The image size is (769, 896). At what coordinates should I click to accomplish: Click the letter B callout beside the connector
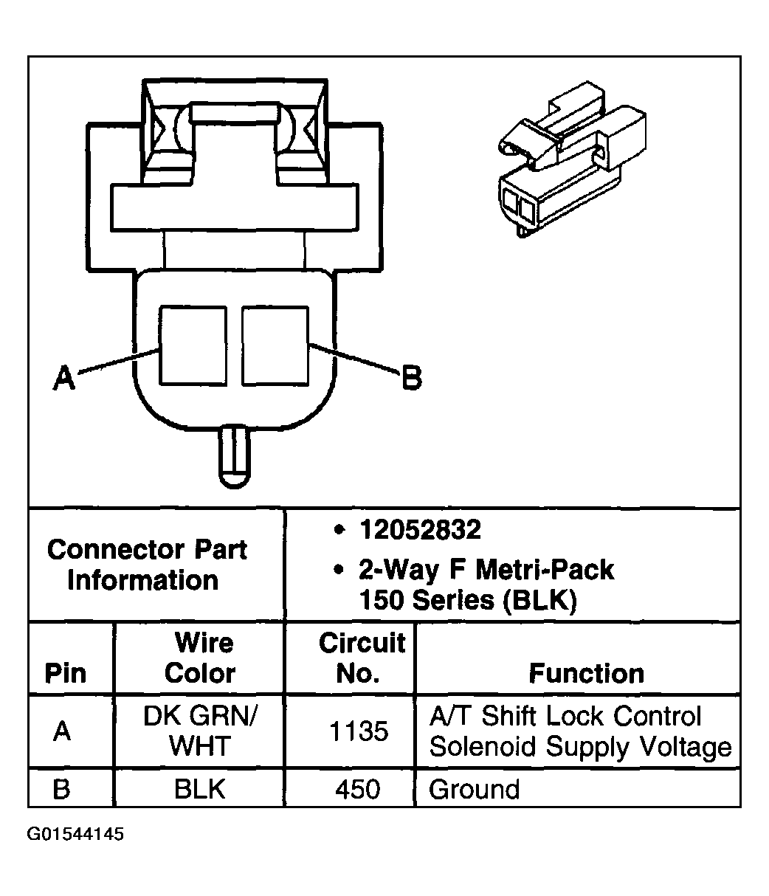click(x=411, y=379)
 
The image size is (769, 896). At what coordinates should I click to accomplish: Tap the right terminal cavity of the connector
click(x=275, y=345)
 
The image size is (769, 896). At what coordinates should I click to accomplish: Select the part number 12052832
click(x=420, y=529)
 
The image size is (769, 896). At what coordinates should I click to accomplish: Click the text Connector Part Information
click(x=147, y=565)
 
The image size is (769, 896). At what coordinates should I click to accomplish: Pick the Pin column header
click(x=66, y=673)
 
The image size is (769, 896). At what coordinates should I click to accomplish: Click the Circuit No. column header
click(x=362, y=658)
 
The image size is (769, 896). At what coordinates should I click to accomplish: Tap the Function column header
click(x=586, y=673)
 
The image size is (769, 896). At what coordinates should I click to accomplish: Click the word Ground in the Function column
click(x=474, y=789)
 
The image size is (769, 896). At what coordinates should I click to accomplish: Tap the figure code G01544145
click(x=76, y=835)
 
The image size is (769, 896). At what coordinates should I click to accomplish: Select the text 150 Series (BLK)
click(x=467, y=601)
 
